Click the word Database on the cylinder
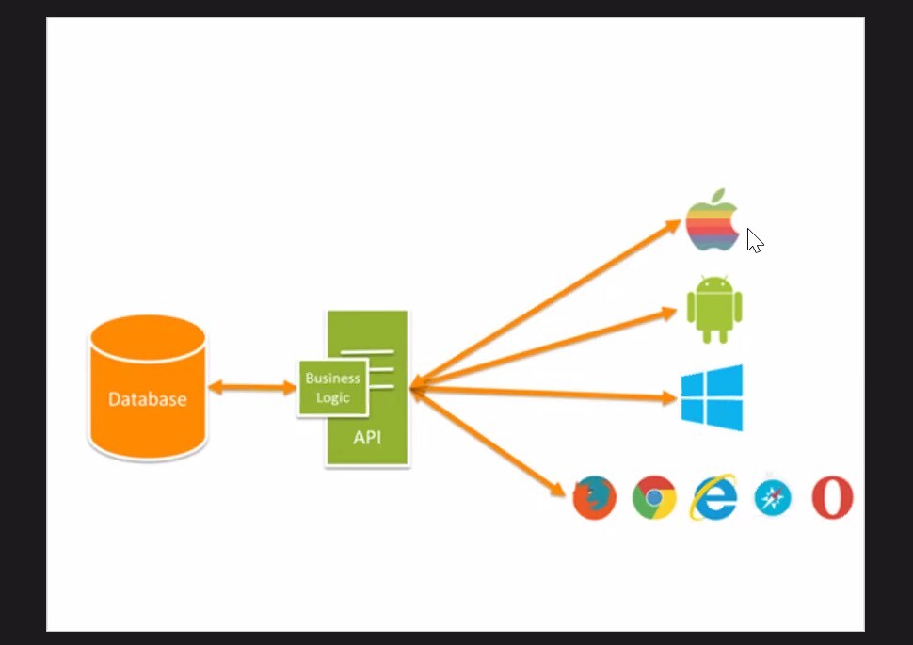point(147,399)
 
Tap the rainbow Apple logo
point(711,225)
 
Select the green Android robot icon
point(714,310)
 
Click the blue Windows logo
point(713,397)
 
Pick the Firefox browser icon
point(595,497)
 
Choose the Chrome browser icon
point(654,497)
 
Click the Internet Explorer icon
point(713,497)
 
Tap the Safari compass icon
point(773,498)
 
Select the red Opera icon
point(832,497)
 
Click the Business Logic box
point(331,388)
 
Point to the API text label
point(367,438)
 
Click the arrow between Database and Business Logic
point(252,387)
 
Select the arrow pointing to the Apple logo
point(546,303)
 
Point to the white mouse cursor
point(754,240)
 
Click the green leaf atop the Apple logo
point(717,196)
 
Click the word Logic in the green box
point(333,397)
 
